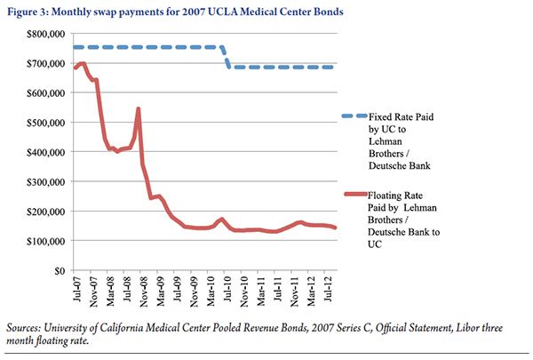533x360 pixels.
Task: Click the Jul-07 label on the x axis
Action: [x=76, y=289]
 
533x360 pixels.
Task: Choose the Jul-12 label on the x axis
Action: [x=326, y=289]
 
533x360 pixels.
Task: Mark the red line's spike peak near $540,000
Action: [x=139, y=109]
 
